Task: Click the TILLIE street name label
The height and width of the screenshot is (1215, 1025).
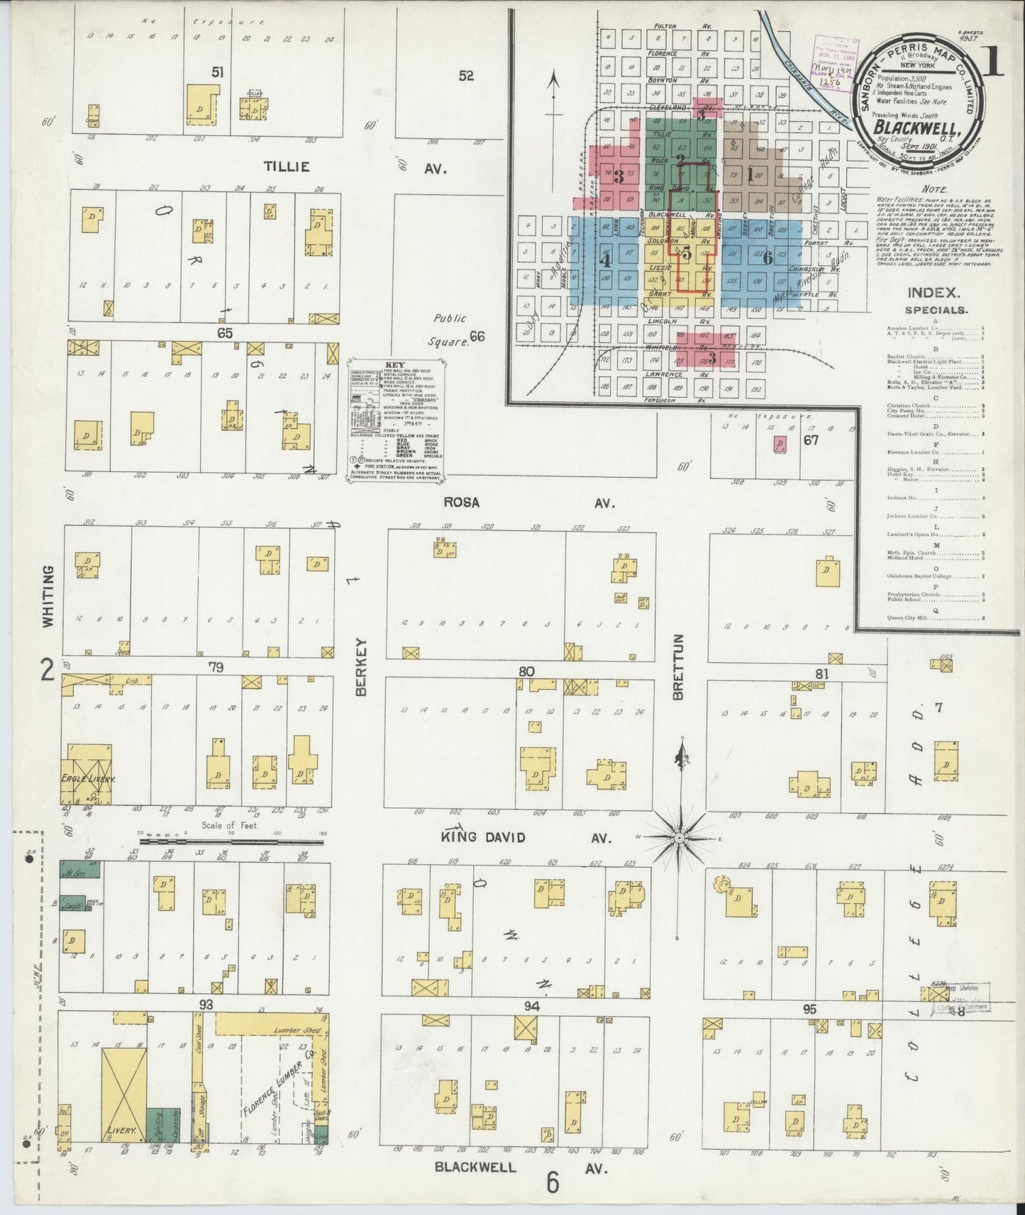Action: (x=287, y=167)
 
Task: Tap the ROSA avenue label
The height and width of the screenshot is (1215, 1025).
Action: (x=462, y=502)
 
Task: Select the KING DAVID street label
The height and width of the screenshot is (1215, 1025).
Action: (x=482, y=837)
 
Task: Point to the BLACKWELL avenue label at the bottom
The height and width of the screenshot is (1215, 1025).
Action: (x=475, y=1167)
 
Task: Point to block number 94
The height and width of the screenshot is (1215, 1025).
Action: (x=532, y=1007)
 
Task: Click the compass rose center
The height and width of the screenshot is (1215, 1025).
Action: (x=680, y=838)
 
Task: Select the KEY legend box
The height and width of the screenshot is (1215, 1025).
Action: (x=396, y=422)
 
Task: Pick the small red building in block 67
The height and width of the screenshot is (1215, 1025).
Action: (x=780, y=444)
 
